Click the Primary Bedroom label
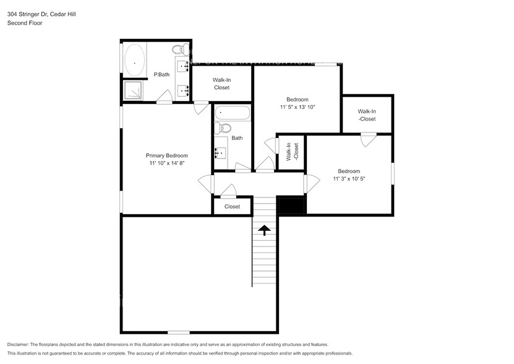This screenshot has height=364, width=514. pyautogui.click(x=166, y=155)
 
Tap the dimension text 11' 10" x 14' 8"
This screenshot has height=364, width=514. pyautogui.click(x=166, y=163)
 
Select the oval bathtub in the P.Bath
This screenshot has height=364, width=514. pyautogui.click(x=134, y=61)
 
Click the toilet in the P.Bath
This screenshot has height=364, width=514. pyautogui.click(x=178, y=49)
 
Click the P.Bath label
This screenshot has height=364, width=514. pyautogui.click(x=161, y=75)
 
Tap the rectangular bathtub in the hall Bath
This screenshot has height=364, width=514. pyautogui.click(x=232, y=114)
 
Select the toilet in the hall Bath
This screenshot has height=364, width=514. pyautogui.click(x=223, y=129)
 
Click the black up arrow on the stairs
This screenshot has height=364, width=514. pyautogui.click(x=264, y=230)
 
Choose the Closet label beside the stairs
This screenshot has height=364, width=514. pyautogui.click(x=232, y=207)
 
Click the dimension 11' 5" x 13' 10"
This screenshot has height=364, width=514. pyautogui.click(x=297, y=107)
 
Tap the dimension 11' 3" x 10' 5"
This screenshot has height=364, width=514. pyautogui.click(x=348, y=179)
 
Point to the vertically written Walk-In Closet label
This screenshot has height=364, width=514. pyautogui.click(x=292, y=152)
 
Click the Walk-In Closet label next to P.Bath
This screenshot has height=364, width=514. pyautogui.click(x=221, y=84)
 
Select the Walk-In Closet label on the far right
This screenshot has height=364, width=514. pyautogui.click(x=367, y=115)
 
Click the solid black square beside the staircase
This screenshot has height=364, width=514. pyautogui.click(x=291, y=206)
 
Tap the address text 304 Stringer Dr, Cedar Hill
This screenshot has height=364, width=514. pyautogui.click(x=43, y=14)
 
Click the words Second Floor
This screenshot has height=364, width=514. pyautogui.click(x=24, y=23)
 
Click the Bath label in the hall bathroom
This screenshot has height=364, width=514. pyautogui.click(x=237, y=138)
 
